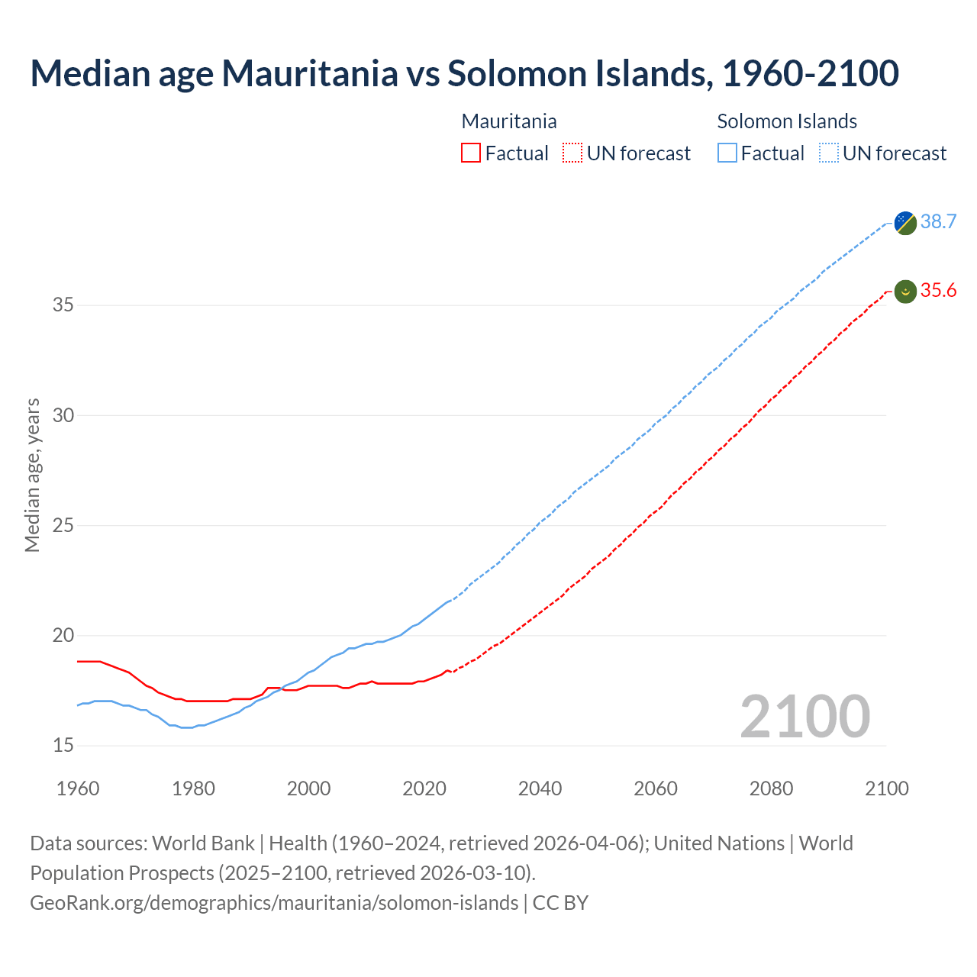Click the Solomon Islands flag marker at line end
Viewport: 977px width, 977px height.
click(x=905, y=223)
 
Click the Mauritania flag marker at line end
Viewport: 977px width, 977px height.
click(x=905, y=292)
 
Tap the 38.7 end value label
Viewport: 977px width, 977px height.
click(x=938, y=221)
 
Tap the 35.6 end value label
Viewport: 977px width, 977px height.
click(x=938, y=290)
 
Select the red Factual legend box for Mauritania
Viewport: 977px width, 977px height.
click(x=471, y=153)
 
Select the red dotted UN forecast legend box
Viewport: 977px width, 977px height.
click(x=572, y=153)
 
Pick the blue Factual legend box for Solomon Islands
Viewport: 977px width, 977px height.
click(x=727, y=153)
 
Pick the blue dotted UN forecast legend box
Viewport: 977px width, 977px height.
click(x=829, y=153)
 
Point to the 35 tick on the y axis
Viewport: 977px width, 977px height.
click(x=63, y=305)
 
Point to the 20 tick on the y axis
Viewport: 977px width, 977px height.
click(x=63, y=636)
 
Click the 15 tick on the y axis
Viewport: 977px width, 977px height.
click(x=63, y=746)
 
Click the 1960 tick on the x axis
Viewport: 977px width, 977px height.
click(x=78, y=788)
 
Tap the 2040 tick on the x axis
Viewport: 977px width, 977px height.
click(x=540, y=788)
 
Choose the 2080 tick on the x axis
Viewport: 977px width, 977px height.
click(x=771, y=788)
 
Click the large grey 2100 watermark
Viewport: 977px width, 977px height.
click(x=805, y=716)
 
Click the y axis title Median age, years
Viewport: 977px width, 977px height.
click(x=32, y=475)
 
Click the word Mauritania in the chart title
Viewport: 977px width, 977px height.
click(x=309, y=73)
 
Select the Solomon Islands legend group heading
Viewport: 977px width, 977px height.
click(x=787, y=121)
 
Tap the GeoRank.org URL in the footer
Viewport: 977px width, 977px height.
click(x=274, y=903)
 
